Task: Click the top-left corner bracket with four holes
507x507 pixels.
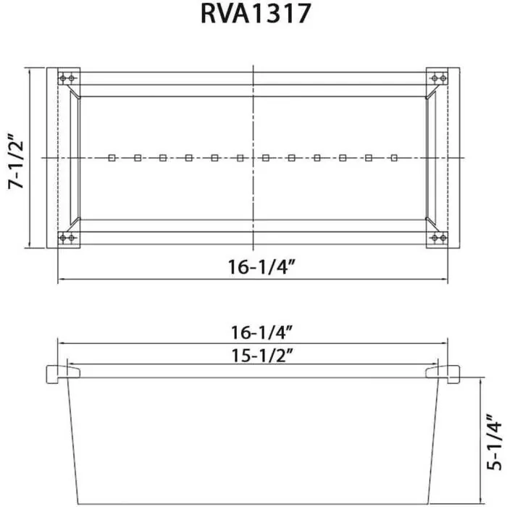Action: (x=69, y=78)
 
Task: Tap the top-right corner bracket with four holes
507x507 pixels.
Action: (x=437, y=78)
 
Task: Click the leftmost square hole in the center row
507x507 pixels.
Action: (x=111, y=157)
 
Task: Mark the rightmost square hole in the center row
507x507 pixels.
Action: (x=394, y=157)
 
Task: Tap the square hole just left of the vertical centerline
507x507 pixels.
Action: (x=240, y=157)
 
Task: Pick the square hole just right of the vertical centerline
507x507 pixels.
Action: (x=266, y=157)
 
